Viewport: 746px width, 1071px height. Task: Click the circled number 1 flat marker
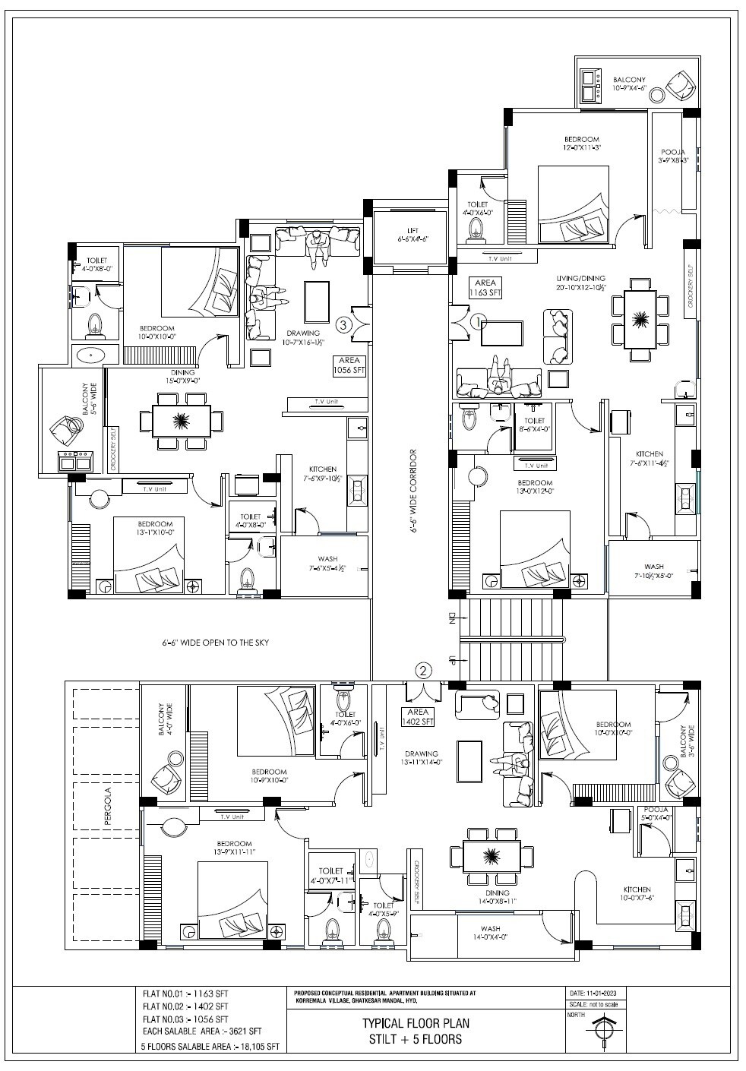(x=478, y=322)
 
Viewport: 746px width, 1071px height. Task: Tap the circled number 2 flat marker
(x=424, y=670)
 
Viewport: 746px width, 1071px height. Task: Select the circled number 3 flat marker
(x=343, y=325)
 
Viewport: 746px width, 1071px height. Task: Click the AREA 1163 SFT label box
(x=484, y=287)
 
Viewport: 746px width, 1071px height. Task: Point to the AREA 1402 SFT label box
(x=417, y=716)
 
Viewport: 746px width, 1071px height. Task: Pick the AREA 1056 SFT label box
(x=349, y=366)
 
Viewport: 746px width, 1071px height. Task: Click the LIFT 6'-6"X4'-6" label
(x=413, y=235)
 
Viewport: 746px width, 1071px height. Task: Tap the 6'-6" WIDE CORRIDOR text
(x=414, y=492)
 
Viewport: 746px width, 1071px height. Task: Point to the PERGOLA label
(x=108, y=802)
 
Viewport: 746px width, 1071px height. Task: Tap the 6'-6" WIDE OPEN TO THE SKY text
(x=216, y=643)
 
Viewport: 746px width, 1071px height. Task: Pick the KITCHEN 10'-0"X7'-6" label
(x=637, y=893)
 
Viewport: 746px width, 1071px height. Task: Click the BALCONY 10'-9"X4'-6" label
(x=629, y=84)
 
